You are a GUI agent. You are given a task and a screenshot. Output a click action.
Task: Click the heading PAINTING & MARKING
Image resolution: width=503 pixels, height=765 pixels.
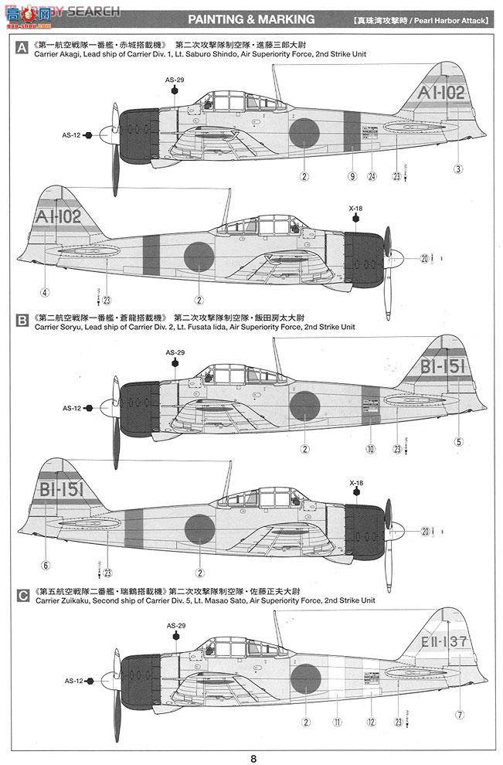tap(251, 19)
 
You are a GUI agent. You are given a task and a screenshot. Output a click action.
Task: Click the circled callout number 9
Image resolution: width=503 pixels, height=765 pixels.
tap(352, 176)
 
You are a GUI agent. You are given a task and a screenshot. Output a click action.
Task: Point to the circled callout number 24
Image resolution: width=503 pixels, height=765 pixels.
tap(372, 176)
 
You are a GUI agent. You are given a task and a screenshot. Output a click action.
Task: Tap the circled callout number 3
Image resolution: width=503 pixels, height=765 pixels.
tap(458, 168)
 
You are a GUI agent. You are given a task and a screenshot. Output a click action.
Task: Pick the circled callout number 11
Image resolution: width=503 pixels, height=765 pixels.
tap(338, 722)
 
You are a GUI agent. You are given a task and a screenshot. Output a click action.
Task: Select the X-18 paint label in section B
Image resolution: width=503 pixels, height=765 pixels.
tap(355, 484)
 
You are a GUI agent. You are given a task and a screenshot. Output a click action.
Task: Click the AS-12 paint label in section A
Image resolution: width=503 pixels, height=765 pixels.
tap(71, 135)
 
